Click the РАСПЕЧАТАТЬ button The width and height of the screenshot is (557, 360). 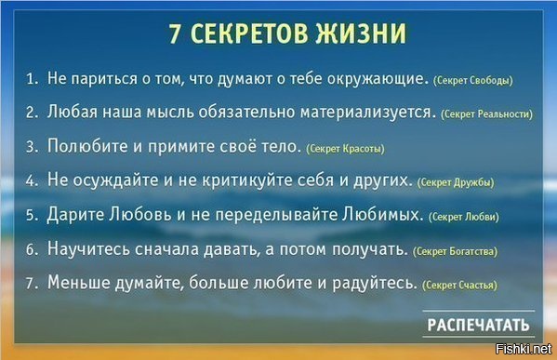[x=479, y=325]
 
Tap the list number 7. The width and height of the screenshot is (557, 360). [x=30, y=283]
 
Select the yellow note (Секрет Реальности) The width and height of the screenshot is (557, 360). [x=487, y=114]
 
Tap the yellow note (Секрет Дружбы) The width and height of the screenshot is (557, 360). [x=456, y=182]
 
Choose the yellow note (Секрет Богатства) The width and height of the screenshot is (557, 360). [x=455, y=251]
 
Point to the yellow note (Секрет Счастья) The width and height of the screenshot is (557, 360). [x=459, y=285]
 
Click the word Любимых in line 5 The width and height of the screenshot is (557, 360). [x=383, y=215]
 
